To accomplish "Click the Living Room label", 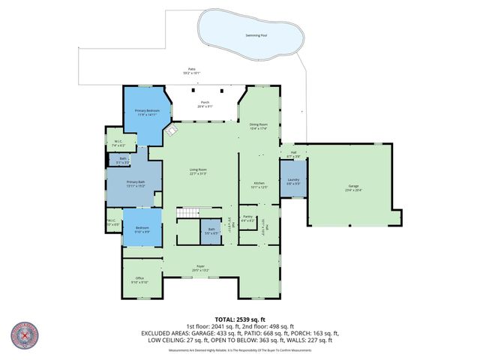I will pos(198,172).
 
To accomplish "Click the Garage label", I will pos(353,188).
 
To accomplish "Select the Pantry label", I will pos(247,218).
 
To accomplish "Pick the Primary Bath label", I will pos(135,184).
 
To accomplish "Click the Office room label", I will pos(139,280).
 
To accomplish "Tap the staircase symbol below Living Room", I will pos(189,214).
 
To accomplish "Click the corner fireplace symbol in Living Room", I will pos(171,132).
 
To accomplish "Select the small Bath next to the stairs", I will pos(211,231).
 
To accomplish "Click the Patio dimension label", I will pos(191,71).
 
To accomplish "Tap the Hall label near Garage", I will pos(293,154).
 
